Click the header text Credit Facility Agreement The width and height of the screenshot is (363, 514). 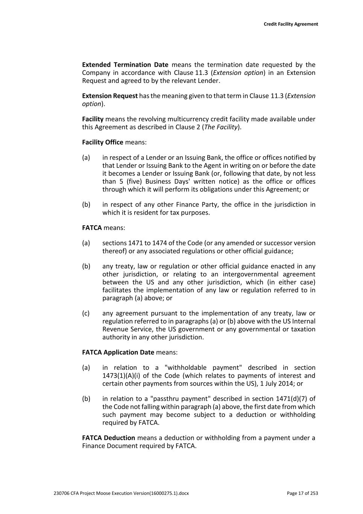coord(291,24)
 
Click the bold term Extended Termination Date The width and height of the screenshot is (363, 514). coord(125,65)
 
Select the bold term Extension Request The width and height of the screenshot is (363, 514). coord(110,96)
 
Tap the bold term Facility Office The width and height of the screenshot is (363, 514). coord(103,142)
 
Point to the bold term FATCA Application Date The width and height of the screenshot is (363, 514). coord(118,352)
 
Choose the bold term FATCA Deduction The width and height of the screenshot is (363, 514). coord(108,438)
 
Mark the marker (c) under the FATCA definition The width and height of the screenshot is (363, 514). coord(86,313)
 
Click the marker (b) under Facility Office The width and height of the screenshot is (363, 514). coord(86,204)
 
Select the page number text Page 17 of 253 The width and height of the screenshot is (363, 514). coord(302,493)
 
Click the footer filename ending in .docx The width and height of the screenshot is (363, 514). coord(122,493)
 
